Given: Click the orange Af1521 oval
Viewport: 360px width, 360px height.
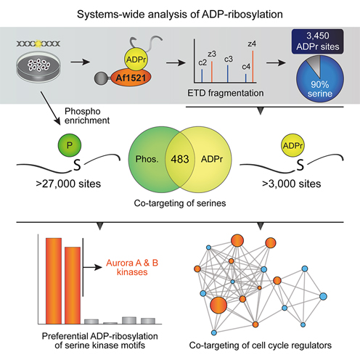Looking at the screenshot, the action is tap(131, 78).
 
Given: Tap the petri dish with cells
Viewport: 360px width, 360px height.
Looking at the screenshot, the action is tap(38, 67).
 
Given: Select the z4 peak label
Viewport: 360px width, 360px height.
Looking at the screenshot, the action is tap(252, 44).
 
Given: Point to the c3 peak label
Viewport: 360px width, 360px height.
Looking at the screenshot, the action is tap(229, 60).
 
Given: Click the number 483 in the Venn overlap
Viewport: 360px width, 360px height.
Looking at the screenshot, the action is tap(180, 159).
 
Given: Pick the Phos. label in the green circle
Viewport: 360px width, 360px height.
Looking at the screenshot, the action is tap(147, 159).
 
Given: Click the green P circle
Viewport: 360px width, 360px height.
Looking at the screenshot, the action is tap(70, 145).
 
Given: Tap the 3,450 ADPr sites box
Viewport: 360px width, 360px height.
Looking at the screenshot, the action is tap(318, 41).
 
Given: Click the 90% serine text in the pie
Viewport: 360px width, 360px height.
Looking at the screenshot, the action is tap(320, 89).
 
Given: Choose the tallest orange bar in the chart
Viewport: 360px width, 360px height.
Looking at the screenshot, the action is tap(54, 281).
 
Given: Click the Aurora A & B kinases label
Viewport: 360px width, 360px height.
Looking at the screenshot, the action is tap(132, 267).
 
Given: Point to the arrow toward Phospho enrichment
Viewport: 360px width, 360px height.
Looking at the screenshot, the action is tap(50, 108).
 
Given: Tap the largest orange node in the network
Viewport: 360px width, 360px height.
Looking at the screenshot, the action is tap(218, 306).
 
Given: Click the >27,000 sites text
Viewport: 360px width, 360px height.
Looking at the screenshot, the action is tap(68, 184).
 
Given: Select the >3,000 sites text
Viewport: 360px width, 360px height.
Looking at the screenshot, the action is tap(292, 184).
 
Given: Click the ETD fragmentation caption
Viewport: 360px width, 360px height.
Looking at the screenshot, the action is tap(226, 93).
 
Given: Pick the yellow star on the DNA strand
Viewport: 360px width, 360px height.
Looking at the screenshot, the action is tap(38, 44).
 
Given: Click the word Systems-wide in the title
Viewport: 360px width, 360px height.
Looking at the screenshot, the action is tap(111, 15).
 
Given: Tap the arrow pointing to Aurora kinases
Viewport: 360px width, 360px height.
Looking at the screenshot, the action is tap(92, 267).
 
